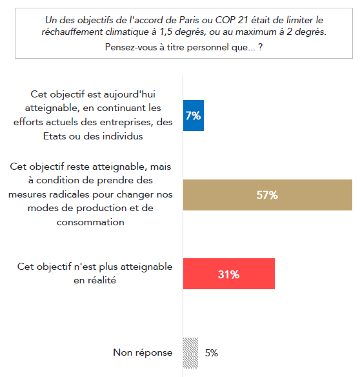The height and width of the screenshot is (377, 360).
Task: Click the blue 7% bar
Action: point(194,116)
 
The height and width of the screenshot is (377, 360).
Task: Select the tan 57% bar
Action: point(268,195)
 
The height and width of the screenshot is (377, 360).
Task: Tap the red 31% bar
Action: point(229,274)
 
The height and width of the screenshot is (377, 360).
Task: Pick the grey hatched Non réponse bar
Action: point(191,353)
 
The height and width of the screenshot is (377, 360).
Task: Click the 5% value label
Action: point(211,353)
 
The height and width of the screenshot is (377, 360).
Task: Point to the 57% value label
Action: point(266,195)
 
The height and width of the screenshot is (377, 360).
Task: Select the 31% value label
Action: point(228,274)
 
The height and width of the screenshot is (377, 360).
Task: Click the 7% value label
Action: point(193,116)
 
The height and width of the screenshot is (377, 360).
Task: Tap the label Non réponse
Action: point(143,352)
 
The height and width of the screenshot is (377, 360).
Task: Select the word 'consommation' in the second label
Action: point(90,222)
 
